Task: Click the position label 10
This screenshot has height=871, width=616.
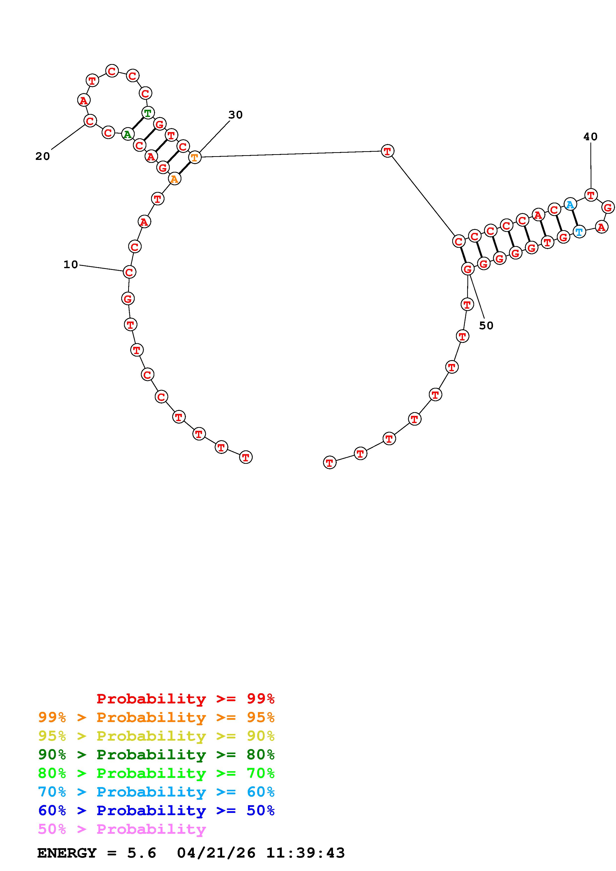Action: pos(71,264)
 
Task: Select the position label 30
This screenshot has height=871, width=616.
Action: pos(235,114)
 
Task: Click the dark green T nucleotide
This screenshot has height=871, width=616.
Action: pos(148,113)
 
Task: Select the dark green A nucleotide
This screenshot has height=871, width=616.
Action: pos(127,134)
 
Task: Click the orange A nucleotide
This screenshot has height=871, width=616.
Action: pos(174,179)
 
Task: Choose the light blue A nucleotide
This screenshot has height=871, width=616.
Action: pos(570,205)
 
